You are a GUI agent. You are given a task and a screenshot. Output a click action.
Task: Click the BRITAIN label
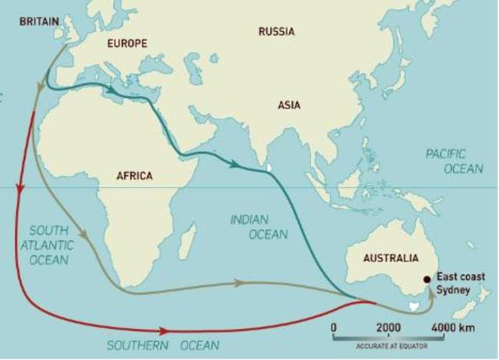coord(37,21)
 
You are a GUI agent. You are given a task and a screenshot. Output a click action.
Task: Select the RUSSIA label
coord(276,32)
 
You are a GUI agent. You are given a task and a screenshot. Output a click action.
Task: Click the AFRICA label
coord(134,175)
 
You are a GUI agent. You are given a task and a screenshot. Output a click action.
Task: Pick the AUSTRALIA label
coord(385,258)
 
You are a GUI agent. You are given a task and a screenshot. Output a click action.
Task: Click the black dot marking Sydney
coord(426,279)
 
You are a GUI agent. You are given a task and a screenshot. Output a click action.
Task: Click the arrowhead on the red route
coord(165,330)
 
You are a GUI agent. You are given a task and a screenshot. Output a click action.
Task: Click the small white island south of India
coord(269,166)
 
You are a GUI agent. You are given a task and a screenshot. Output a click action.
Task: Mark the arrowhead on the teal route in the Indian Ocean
coord(234,164)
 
